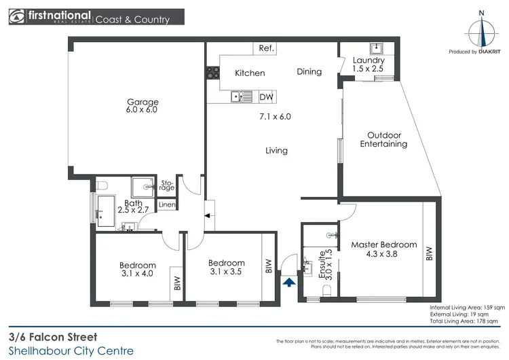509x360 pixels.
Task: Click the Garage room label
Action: [143, 103]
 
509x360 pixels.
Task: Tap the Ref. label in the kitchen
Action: [265, 48]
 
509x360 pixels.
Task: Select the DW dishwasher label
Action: [266, 97]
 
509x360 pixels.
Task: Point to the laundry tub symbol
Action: [376, 49]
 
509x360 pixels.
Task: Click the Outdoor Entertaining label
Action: [383, 139]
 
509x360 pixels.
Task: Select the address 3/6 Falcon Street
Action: [53, 336]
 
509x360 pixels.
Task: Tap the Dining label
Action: [309, 72]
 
